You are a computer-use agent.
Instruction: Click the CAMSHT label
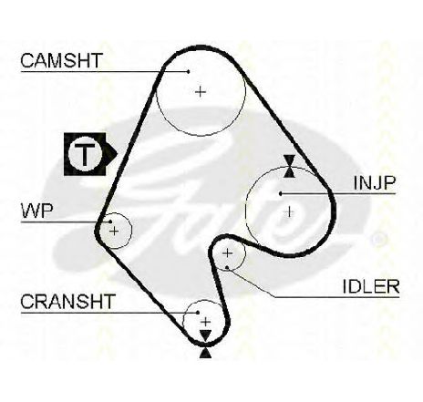click(x=62, y=60)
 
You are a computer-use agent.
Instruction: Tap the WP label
click(x=37, y=211)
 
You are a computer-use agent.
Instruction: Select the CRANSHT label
click(x=67, y=301)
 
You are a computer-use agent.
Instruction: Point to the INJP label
click(x=375, y=182)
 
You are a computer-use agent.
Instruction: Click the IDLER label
click(x=371, y=286)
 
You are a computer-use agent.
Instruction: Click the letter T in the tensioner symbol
click(x=85, y=154)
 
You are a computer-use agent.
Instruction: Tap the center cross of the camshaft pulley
click(x=201, y=91)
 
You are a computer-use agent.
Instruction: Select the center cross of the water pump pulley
click(x=114, y=232)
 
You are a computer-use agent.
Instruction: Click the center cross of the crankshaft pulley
click(x=206, y=322)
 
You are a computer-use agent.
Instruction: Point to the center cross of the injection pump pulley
click(x=290, y=211)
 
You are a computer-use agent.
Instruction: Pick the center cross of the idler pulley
click(x=227, y=253)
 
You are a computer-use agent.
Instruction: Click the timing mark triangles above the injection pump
click(x=289, y=166)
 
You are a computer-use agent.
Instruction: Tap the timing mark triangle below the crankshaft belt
click(x=205, y=353)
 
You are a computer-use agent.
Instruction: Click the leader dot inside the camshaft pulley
click(x=189, y=72)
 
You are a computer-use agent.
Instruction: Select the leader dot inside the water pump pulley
click(x=110, y=222)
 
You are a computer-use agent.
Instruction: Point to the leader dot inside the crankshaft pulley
click(x=198, y=312)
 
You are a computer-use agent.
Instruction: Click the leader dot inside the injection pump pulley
click(x=281, y=193)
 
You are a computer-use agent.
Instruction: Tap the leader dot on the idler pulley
click(x=227, y=267)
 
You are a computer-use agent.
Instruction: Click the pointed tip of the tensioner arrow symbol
click(x=117, y=153)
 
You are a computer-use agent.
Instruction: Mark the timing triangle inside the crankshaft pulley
click(x=206, y=335)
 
